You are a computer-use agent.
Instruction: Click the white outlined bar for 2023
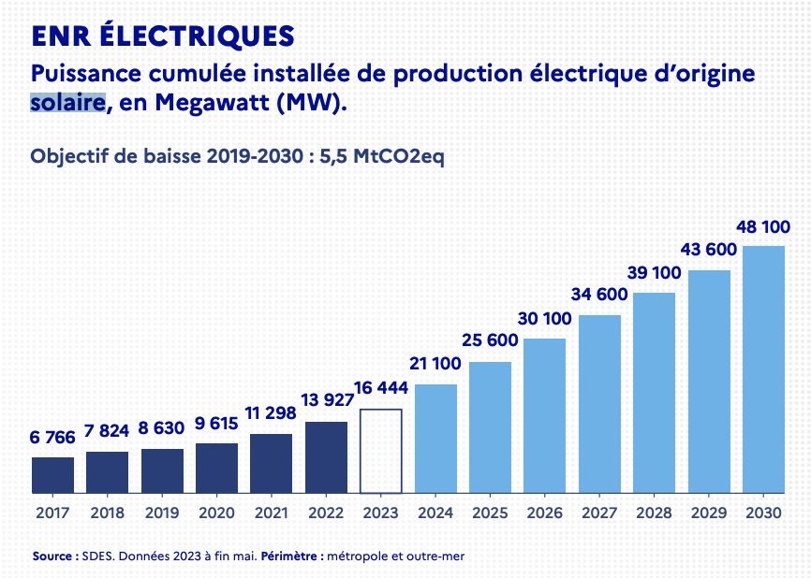[380, 451]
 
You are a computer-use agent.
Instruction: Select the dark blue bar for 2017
[52, 475]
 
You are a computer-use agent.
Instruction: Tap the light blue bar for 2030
[763, 369]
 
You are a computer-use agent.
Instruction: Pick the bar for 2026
[544, 415]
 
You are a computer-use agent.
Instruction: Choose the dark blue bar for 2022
[326, 457]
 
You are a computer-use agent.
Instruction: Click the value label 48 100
[762, 227]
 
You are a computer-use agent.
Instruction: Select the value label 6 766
[52, 439]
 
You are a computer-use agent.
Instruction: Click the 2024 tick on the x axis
[435, 513]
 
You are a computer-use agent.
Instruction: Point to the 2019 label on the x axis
[162, 513]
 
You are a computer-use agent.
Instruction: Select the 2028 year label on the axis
[654, 513]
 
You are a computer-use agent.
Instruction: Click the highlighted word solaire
[66, 102]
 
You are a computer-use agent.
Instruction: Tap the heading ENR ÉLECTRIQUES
[163, 36]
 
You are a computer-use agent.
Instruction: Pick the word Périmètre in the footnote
[292, 556]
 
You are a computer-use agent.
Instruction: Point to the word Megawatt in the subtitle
[211, 102]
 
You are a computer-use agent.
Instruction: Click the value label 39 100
[654, 273]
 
